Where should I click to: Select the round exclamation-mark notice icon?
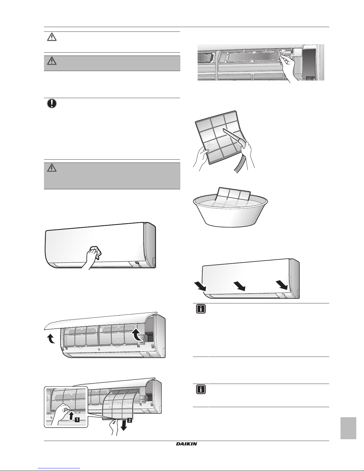click(x=51, y=104)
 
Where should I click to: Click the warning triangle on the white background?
click(x=51, y=37)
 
